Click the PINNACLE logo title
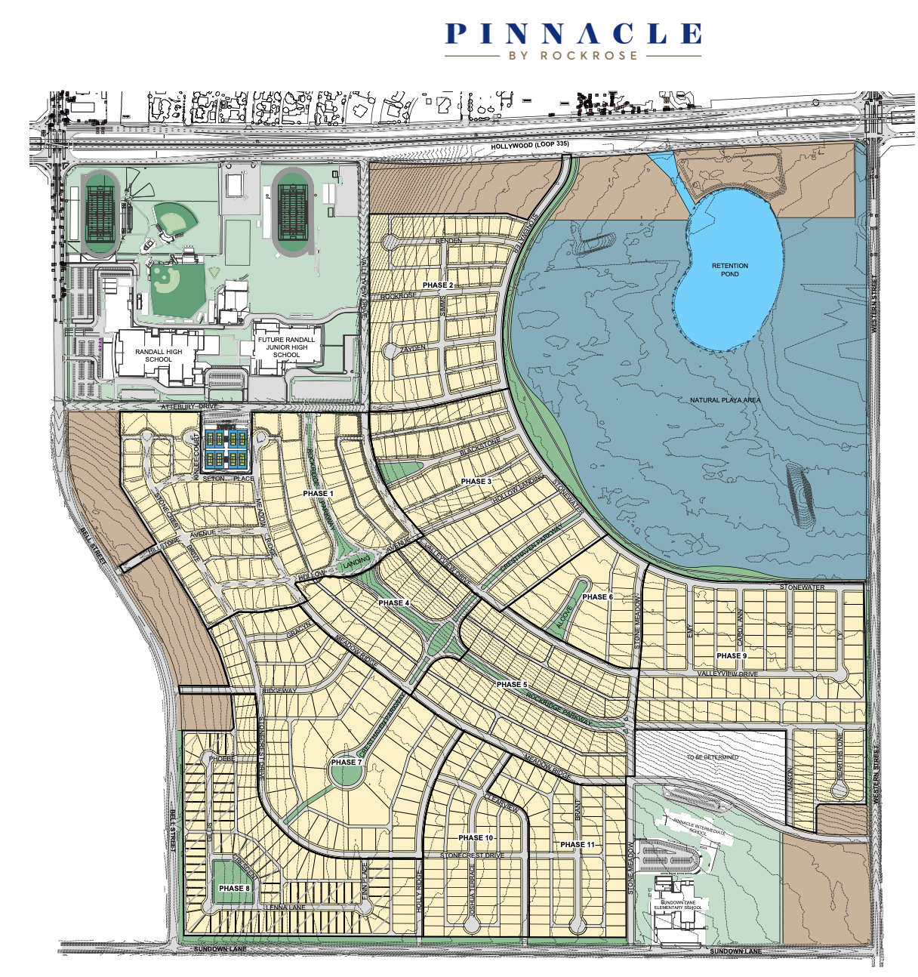tap(573, 34)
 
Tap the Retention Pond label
tap(729, 270)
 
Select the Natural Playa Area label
tap(725, 400)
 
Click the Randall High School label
tap(159, 356)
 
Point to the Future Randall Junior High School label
tap(286, 347)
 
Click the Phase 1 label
tap(318, 494)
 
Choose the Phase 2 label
tap(438, 285)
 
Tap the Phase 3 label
tap(476, 482)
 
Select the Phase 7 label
tap(346, 762)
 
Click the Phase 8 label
tap(234, 889)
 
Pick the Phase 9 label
tap(731, 656)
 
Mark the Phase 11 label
tap(578, 845)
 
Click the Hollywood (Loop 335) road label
tap(529, 145)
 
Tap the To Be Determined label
tap(713, 757)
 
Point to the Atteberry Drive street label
tap(189, 407)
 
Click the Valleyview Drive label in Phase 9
tap(727, 673)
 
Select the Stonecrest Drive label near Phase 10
tap(471, 855)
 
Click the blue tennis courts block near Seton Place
tap(226, 448)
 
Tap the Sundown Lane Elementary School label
tap(681, 905)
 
